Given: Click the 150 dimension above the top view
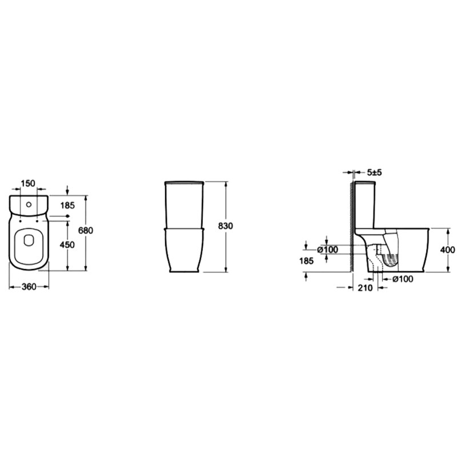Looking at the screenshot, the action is [28, 183].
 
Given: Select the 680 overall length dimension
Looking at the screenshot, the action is [86, 230].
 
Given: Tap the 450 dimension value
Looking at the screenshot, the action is [67, 244].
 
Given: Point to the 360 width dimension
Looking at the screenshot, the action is [29, 287].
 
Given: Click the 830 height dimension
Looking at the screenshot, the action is [226, 226].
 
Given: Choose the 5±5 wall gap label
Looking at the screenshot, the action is [374, 173].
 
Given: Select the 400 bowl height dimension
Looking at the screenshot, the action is [447, 250].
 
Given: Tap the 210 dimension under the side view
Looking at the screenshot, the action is [365, 288].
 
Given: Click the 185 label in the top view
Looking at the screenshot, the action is [67, 206].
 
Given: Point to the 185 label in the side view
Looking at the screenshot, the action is [306, 261].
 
